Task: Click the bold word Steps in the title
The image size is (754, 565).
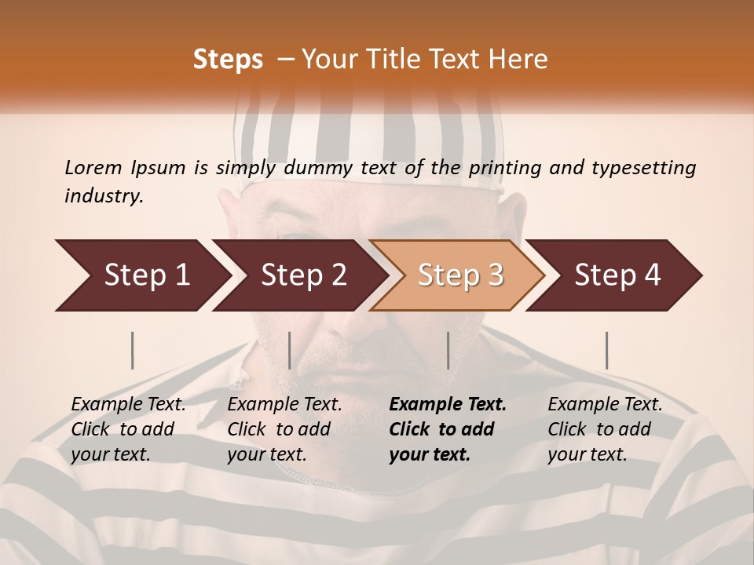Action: click(x=228, y=60)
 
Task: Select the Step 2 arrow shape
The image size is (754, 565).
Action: click(x=303, y=275)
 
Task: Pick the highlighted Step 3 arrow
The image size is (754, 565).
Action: click(x=459, y=275)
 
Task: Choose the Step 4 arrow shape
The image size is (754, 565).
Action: click(x=617, y=275)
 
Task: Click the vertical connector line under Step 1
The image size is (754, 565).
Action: click(x=133, y=350)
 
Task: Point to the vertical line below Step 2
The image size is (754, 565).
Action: click(x=290, y=350)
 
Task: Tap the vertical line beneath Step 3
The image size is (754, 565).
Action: click(x=448, y=350)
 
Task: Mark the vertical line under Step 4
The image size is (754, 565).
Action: click(x=607, y=350)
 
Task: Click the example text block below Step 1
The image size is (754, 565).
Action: click(x=128, y=429)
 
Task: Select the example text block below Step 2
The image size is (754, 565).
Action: click(x=284, y=429)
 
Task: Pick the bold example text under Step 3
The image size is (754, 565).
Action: click(x=448, y=429)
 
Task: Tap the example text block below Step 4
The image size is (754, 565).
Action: click(x=605, y=429)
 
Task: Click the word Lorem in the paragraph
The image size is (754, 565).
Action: click(x=93, y=167)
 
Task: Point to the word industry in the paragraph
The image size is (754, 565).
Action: click(x=104, y=196)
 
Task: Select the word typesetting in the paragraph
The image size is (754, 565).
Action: click(x=650, y=167)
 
